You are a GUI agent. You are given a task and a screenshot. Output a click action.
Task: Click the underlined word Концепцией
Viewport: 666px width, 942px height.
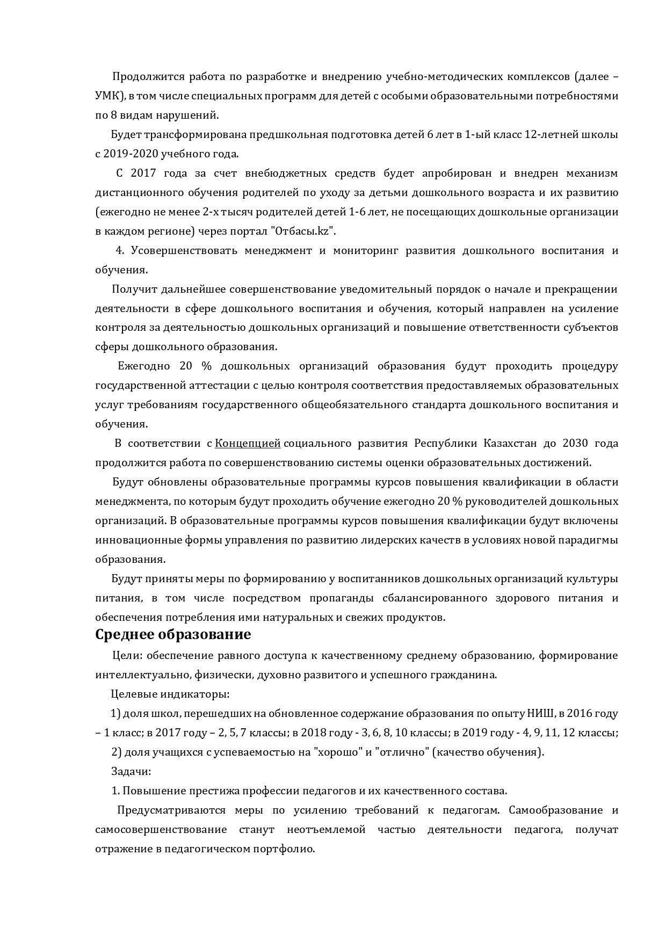(248, 443)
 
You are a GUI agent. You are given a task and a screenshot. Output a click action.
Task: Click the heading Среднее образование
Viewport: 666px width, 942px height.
(173, 634)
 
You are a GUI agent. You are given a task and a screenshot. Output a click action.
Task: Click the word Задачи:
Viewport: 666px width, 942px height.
(131, 771)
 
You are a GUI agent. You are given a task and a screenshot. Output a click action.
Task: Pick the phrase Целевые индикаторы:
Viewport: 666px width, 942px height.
(170, 694)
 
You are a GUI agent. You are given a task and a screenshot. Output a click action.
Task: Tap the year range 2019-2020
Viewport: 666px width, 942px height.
(127, 154)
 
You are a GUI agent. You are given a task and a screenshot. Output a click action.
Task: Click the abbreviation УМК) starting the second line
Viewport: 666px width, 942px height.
(110, 96)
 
